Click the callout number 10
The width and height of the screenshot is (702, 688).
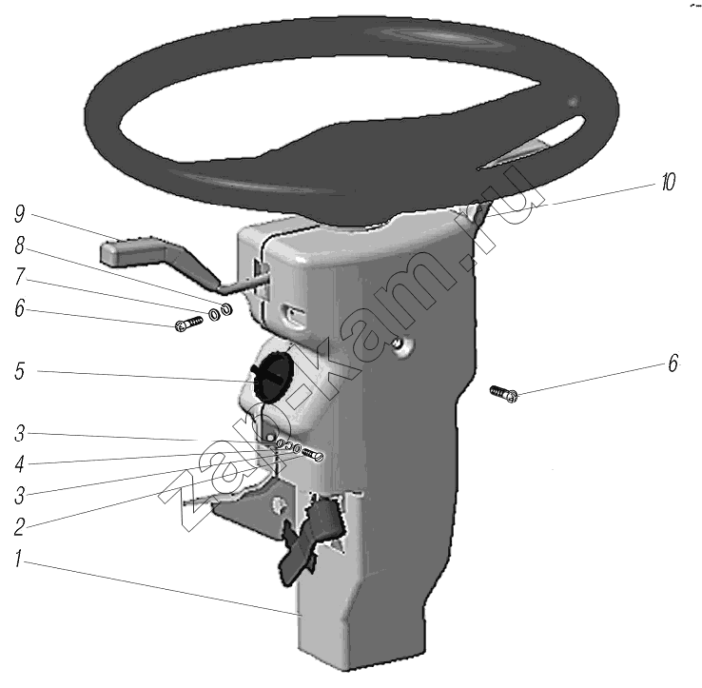click(669, 183)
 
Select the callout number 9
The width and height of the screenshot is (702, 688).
click(20, 214)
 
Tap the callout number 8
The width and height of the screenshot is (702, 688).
click(20, 246)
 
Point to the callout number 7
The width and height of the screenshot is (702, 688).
click(20, 276)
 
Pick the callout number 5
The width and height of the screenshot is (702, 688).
click(19, 371)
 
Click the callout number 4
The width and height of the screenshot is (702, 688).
click(19, 464)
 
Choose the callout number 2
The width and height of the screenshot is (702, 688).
click(19, 527)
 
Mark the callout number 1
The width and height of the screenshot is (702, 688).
click(18, 559)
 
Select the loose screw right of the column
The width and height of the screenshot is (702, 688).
click(504, 394)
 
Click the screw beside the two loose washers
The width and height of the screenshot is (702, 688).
click(188, 324)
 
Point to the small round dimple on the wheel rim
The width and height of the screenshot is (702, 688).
click(573, 102)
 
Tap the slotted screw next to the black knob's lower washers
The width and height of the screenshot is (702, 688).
click(313, 454)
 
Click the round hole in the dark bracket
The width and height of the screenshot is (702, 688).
click(280, 505)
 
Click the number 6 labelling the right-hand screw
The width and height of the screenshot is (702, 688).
click(673, 364)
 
